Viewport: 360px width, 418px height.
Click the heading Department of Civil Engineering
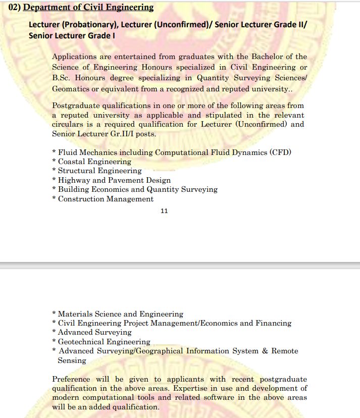(88, 8)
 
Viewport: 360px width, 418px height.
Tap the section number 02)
(14, 8)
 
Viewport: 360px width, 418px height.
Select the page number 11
(164, 211)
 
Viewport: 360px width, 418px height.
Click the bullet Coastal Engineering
(94, 162)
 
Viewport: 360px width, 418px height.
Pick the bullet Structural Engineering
(100, 171)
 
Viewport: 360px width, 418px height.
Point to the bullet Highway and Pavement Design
(114, 180)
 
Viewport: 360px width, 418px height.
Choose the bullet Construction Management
(106, 199)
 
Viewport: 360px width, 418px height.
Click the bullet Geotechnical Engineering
(104, 342)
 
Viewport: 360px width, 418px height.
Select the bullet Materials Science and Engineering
(121, 314)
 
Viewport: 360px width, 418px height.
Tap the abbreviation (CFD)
(280, 152)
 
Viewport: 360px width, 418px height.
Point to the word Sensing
(72, 360)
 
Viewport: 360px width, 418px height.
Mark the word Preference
(71, 379)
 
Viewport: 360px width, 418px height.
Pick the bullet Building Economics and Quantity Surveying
(138, 189)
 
